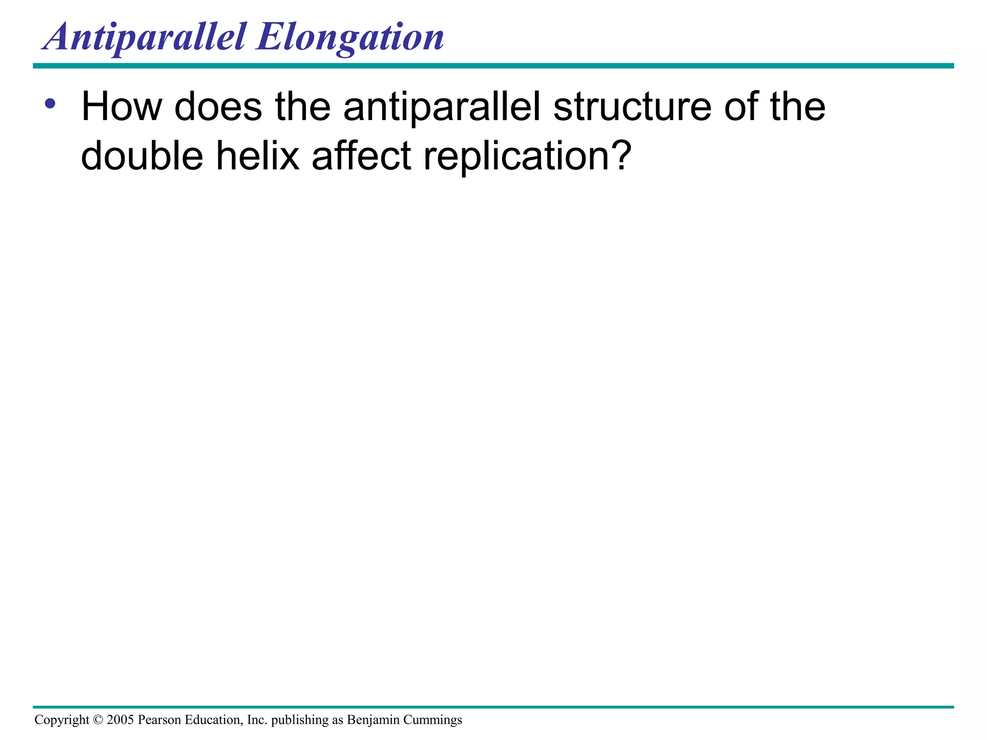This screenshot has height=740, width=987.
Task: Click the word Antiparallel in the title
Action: [145, 38]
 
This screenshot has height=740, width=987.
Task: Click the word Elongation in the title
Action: [350, 38]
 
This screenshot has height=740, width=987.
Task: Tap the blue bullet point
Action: [50, 103]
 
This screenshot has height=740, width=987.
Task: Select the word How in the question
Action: [121, 107]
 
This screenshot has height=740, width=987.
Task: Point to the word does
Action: [218, 107]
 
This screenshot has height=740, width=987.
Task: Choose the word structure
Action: [632, 107]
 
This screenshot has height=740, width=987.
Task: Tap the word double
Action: [142, 156]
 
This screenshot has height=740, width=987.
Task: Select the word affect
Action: [361, 156]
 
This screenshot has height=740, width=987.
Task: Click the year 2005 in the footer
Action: [120, 720]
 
